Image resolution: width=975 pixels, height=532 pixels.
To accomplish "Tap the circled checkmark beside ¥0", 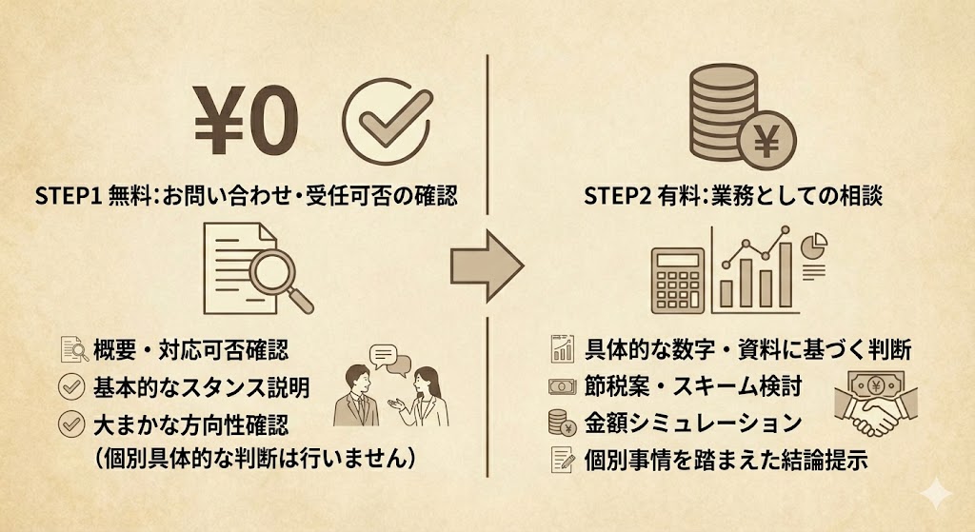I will point(387,123).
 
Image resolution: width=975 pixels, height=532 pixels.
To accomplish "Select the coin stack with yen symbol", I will point(732,123).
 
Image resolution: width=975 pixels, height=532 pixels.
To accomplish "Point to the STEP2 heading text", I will point(733,197).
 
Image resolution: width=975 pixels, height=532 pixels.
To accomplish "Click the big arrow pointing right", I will point(486,265).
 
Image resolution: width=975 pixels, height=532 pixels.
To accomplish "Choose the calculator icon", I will point(677,279).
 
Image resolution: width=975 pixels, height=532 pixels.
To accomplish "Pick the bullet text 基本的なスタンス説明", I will point(201,387).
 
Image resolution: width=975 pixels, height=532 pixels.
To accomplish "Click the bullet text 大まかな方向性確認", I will point(190,424).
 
